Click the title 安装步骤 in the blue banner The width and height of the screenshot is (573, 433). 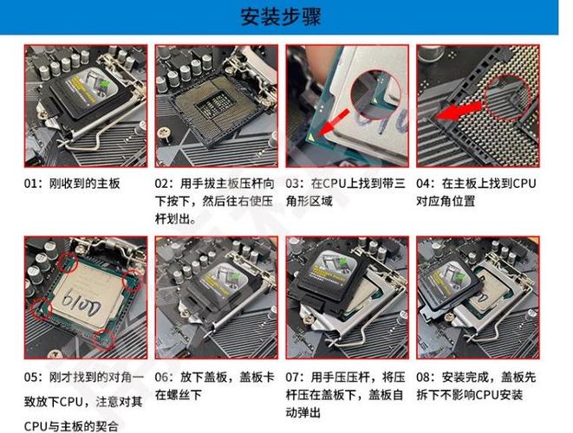coord(285,16)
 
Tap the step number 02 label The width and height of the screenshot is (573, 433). coord(162,184)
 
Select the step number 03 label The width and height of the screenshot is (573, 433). coord(293,184)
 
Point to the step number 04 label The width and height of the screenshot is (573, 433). coord(425,184)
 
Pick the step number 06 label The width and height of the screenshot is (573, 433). coord(162,378)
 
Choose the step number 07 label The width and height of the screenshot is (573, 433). coord(293,378)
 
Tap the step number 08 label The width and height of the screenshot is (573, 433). coord(425,378)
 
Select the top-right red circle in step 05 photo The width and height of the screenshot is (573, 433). coord(131,279)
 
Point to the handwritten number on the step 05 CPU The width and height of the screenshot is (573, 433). coord(82,302)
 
